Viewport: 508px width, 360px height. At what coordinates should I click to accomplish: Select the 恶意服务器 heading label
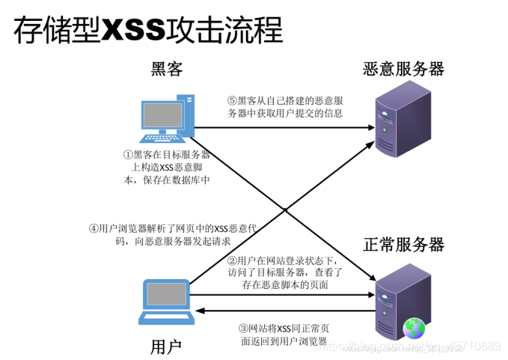403,70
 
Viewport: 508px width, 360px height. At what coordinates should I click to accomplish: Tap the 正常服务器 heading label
403,245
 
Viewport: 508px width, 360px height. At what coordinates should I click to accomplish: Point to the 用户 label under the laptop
166,345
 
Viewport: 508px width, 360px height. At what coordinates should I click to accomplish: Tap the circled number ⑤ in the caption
232,100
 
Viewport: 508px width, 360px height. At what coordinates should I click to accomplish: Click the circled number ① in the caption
127,155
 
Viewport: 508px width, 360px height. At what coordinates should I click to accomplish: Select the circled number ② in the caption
232,260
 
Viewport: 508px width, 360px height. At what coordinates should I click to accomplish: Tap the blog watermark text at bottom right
419,347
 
